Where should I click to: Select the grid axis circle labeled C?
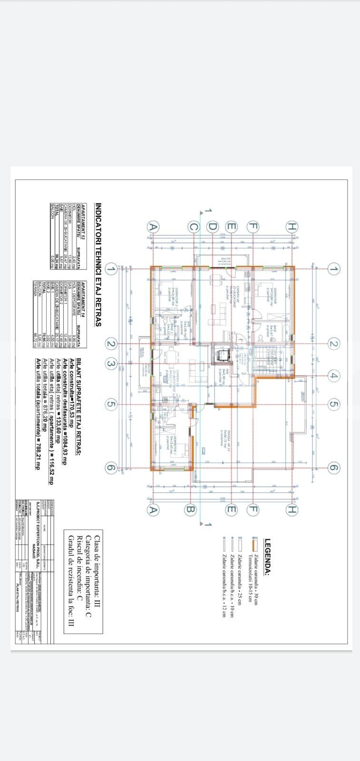coord(193,227)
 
